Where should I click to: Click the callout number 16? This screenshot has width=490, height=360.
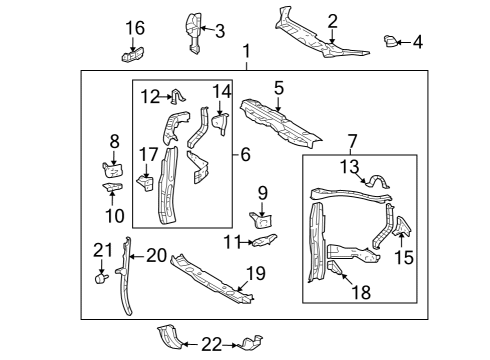(x=135, y=28)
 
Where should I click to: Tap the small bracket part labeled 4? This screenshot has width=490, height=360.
(x=390, y=41)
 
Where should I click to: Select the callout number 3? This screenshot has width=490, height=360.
(x=220, y=31)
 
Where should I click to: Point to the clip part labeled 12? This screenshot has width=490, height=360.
(x=178, y=96)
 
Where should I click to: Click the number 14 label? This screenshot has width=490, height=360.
(x=222, y=92)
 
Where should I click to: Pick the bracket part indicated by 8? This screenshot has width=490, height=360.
(x=113, y=170)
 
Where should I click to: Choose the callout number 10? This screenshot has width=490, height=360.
(x=115, y=216)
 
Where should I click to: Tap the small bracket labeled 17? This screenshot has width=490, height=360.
(x=146, y=184)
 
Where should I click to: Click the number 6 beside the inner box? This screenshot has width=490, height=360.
(x=245, y=155)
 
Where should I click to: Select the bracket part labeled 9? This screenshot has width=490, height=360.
(x=261, y=220)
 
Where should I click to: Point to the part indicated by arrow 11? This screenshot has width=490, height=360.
(x=265, y=240)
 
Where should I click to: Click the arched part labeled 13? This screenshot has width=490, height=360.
(x=377, y=181)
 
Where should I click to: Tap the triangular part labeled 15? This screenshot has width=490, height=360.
(x=402, y=227)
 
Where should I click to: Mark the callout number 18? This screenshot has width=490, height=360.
(x=361, y=292)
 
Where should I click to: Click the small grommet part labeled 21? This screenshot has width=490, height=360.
(x=101, y=278)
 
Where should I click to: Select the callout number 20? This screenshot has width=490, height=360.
(x=157, y=256)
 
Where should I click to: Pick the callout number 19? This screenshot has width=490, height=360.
(x=256, y=273)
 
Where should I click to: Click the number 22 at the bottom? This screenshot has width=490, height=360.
(x=212, y=345)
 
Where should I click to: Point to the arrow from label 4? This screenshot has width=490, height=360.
(x=404, y=42)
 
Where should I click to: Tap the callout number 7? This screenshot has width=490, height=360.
(x=352, y=141)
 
